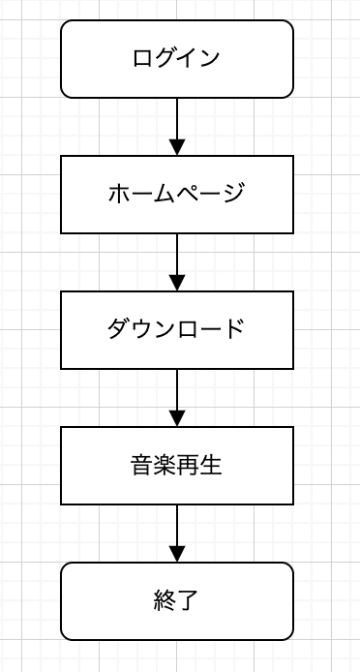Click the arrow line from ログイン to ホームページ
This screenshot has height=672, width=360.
coord(177,118)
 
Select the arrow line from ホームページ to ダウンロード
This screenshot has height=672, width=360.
coord(177,254)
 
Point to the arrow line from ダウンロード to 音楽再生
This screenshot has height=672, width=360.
coord(177,389)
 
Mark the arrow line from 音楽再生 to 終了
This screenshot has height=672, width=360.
coord(177,525)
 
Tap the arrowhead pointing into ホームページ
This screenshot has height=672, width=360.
coord(177,147)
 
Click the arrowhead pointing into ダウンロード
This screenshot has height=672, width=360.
coord(177,283)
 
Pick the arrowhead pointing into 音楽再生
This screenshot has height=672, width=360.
coord(177,418)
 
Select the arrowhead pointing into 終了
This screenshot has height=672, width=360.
coord(177,554)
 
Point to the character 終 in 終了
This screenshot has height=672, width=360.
coord(165,601)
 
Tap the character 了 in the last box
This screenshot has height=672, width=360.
coord(189,601)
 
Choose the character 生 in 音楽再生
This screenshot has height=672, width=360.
coord(212,466)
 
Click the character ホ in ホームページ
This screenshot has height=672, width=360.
coord(118,194)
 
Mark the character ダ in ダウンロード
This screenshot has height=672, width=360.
coord(118,329)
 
